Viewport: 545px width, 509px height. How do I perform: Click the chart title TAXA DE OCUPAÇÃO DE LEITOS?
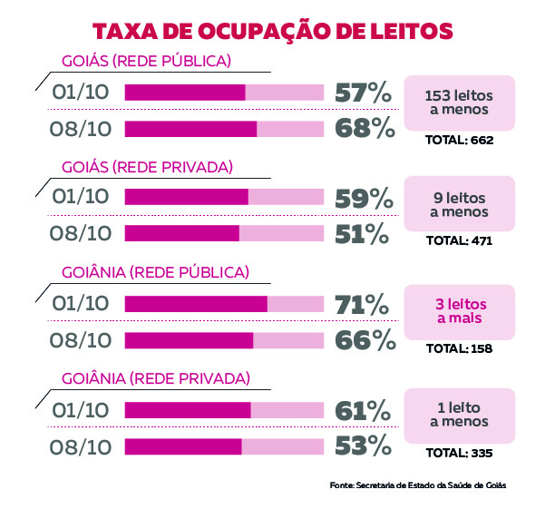click(273, 31)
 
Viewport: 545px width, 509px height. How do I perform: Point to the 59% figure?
click(362, 197)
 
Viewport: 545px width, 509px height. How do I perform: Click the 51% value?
click(362, 233)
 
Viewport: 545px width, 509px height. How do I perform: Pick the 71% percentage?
click(362, 303)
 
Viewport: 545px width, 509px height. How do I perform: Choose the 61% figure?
click(362, 410)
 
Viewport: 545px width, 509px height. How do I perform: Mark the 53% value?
click(362, 445)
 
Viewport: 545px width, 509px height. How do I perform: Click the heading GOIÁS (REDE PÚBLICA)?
click(146, 62)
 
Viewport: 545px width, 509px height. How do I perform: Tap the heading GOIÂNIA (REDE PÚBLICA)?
click(155, 272)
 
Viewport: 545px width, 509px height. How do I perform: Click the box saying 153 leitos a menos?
click(459, 103)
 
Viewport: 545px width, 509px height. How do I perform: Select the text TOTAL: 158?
click(459, 347)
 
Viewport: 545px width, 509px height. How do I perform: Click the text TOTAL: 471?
click(459, 241)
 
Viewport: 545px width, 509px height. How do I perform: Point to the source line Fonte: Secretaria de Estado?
click(417, 485)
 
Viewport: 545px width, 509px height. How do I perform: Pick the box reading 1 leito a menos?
click(459, 416)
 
